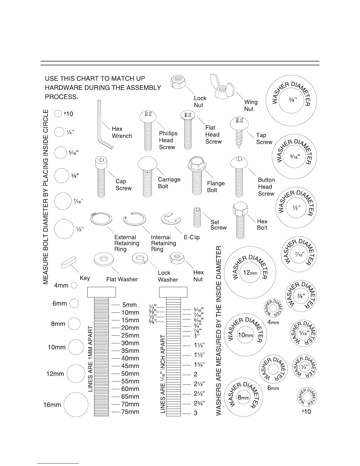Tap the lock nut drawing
coord(178,82)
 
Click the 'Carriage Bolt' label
coord(169,183)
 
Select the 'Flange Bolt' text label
coord(216,187)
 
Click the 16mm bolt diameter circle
coord(76,405)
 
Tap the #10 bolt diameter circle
coord(59,114)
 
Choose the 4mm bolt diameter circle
coord(74,285)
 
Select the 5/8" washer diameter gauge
coord(291,100)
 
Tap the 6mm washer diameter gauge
coord(272,369)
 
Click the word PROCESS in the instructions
coord(61,97)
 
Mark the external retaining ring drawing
coord(101,219)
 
